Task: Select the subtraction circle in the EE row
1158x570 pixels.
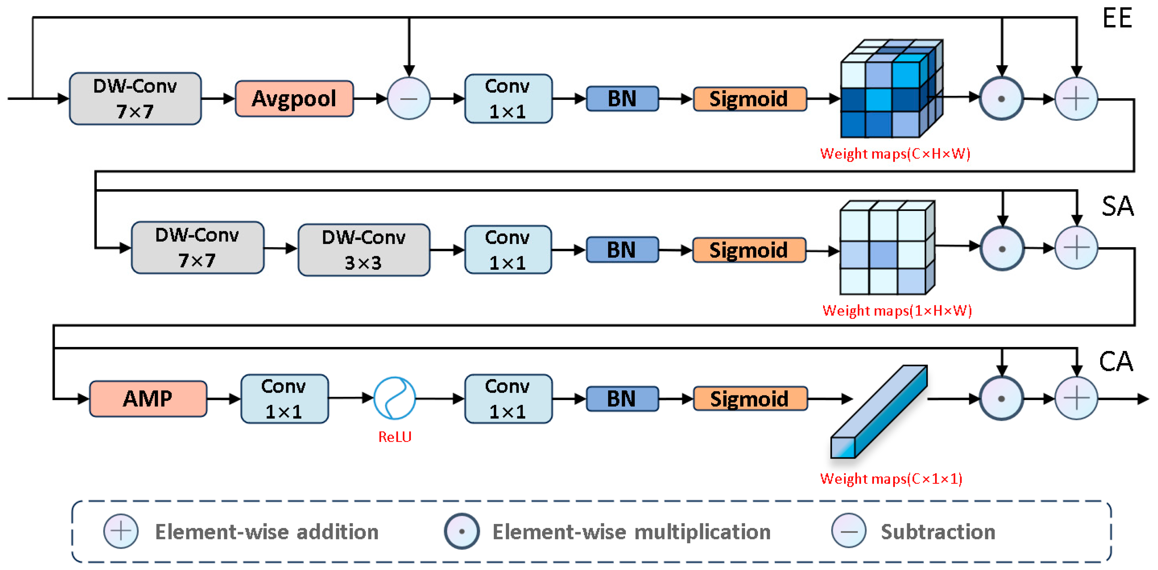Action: [x=409, y=98]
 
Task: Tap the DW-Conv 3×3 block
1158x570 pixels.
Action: [x=364, y=250]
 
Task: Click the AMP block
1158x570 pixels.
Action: [x=148, y=399]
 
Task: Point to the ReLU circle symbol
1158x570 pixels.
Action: [x=394, y=398]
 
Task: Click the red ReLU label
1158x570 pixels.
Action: [x=395, y=436]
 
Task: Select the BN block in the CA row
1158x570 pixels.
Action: [x=622, y=399]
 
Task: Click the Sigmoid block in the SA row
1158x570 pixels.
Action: [x=749, y=250]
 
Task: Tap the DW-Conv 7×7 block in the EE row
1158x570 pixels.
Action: [x=135, y=98]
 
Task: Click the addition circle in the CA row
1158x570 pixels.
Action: [x=1076, y=398]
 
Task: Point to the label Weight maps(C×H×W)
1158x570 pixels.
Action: [x=895, y=154]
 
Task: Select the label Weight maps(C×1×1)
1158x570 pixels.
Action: [x=891, y=478]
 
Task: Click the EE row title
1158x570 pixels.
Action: [x=1117, y=18]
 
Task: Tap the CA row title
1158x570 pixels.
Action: [x=1116, y=361]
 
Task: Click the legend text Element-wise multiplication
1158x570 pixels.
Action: [x=631, y=532]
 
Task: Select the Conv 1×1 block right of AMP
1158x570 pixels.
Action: [x=284, y=399]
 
